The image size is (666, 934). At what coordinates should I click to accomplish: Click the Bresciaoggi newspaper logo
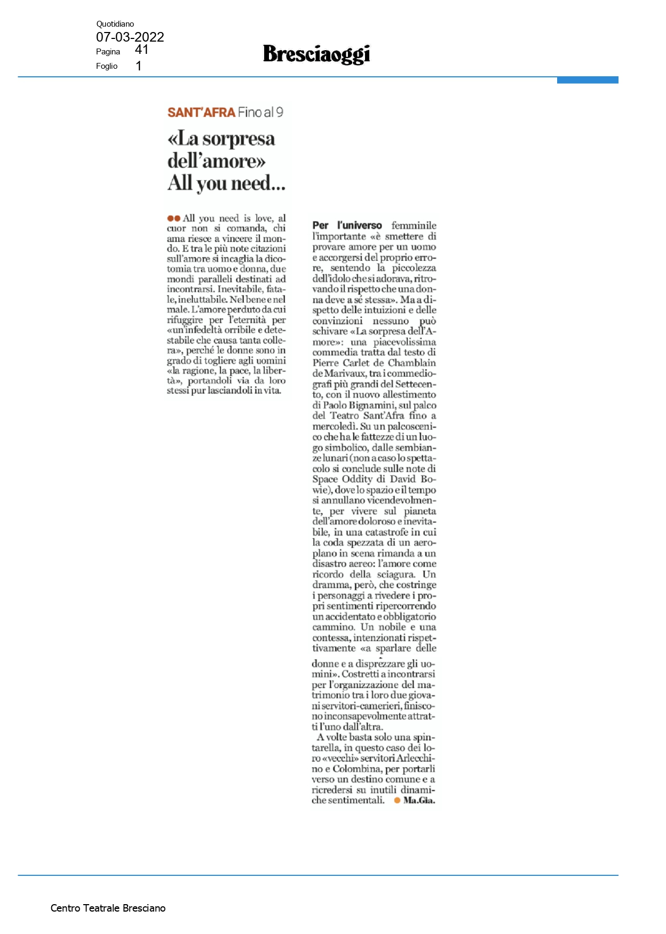tap(316, 54)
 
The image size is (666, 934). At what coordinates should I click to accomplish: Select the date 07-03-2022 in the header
tap(130, 37)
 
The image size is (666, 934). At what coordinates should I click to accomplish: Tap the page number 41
tap(141, 50)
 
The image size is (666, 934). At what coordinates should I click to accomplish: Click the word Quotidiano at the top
tap(115, 24)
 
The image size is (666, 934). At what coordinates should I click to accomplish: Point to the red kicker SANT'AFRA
tap(201, 113)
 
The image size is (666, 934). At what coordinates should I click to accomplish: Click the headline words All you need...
tap(226, 183)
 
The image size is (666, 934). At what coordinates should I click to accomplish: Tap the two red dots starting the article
tap(173, 218)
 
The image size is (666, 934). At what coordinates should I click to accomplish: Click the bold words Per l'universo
tap(347, 226)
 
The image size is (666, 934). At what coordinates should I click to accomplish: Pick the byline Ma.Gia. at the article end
tap(419, 800)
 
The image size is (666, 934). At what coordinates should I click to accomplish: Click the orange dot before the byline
tap(397, 800)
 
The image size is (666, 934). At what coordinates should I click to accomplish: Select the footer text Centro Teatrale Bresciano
tap(108, 908)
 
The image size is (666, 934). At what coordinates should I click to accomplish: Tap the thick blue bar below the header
tap(587, 80)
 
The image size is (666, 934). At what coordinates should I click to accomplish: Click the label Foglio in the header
tap(107, 66)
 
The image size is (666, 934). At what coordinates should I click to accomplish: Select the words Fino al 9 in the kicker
tap(260, 113)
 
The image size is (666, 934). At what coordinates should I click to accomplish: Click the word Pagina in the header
tap(108, 52)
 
